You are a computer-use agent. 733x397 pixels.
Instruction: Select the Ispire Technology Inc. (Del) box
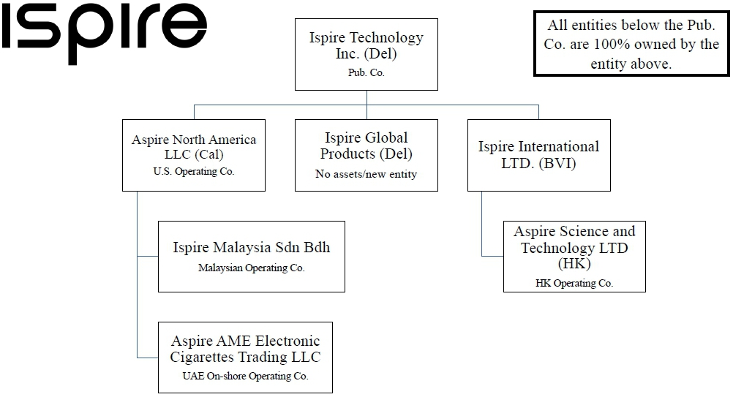pyautogui.click(x=366, y=54)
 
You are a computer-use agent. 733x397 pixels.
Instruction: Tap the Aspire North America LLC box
pyautogui.click(x=194, y=155)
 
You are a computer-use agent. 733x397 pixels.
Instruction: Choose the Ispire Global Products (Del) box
pyautogui.click(x=366, y=155)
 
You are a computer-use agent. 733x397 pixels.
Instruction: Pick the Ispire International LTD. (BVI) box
pyautogui.click(x=538, y=155)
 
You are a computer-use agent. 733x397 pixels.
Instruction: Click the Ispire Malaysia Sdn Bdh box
pyautogui.click(x=251, y=256)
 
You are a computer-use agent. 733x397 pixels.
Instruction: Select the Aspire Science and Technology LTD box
pyautogui.click(x=574, y=256)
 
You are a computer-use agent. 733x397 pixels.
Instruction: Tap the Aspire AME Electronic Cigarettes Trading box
pyautogui.click(x=245, y=357)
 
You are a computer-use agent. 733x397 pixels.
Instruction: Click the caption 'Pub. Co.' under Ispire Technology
pyautogui.click(x=366, y=73)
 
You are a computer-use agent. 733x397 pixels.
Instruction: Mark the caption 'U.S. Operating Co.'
pyautogui.click(x=194, y=173)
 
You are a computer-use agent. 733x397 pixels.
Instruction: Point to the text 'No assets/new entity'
pyautogui.click(x=366, y=174)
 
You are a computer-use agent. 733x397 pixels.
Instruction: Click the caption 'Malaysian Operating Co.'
pyautogui.click(x=251, y=268)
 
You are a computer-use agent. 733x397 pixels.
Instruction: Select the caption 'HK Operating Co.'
pyautogui.click(x=574, y=283)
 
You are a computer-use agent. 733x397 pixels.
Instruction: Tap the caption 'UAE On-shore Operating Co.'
pyautogui.click(x=245, y=377)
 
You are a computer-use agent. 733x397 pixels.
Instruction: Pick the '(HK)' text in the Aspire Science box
pyautogui.click(x=574, y=264)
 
